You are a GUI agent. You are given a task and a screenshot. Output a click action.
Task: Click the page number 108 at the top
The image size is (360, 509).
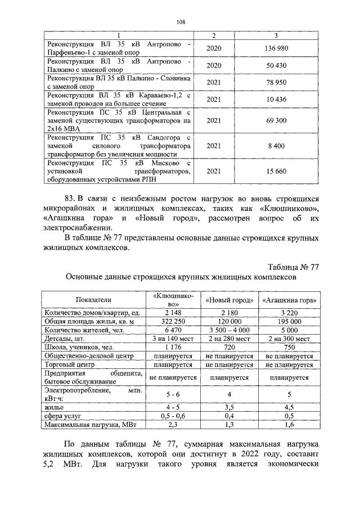point(180,22)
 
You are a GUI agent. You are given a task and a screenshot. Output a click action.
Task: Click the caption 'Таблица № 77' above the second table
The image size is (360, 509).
point(292,266)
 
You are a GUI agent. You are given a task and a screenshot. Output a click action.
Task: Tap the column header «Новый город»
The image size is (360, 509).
point(229,299)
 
